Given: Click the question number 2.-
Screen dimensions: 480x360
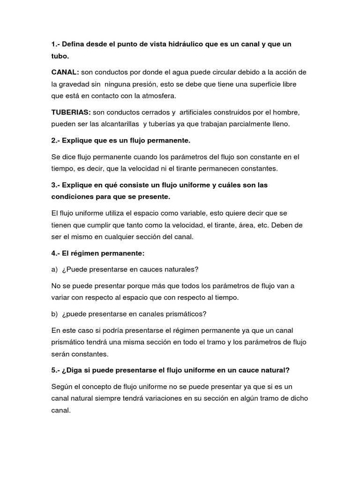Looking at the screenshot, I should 57,140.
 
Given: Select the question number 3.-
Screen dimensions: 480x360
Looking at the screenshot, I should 57,185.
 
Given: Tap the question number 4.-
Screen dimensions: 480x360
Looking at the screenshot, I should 57,253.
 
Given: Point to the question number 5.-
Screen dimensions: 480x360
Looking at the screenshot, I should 57,370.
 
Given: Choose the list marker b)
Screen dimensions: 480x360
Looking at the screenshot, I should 55,314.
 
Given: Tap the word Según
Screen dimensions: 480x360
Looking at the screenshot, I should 63,387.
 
